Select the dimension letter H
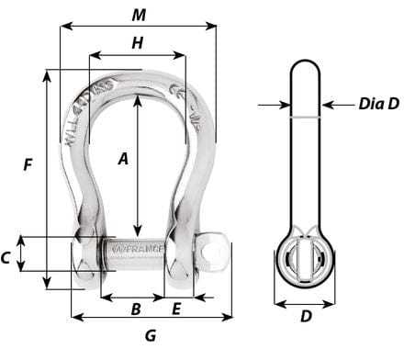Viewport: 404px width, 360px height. click(137, 42)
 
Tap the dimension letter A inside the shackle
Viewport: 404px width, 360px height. click(123, 158)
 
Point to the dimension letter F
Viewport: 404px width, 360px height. click(28, 165)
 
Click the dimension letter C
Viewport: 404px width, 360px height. click(7, 258)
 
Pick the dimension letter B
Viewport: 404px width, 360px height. click(134, 309)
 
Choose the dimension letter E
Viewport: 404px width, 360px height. click(176, 309)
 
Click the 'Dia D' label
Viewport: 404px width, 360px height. click(378, 104)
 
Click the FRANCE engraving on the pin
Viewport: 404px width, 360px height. click(138, 249)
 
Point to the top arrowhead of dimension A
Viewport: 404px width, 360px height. click(138, 99)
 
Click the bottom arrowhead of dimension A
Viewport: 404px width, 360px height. click(138, 234)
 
